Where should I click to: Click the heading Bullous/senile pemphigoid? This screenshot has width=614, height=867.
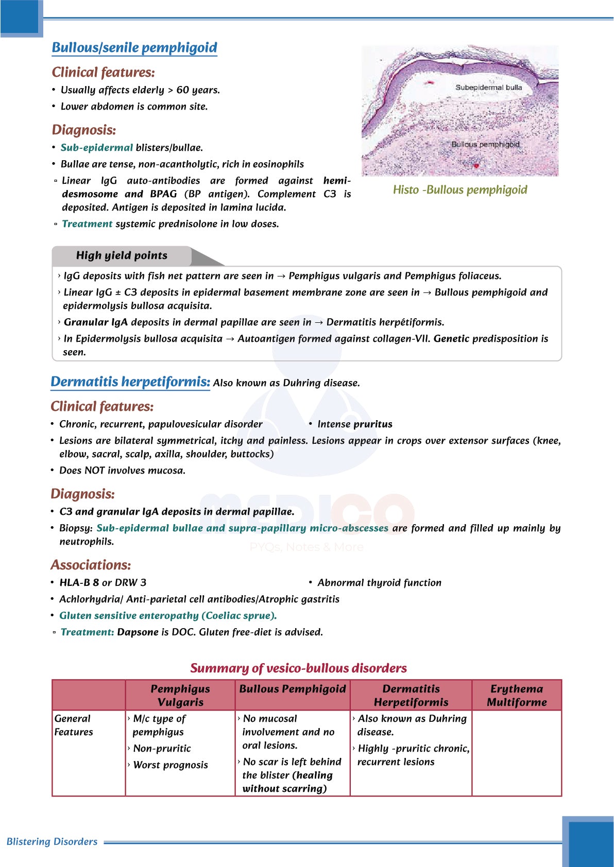(134, 48)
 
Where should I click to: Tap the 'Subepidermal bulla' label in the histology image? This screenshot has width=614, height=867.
(488, 88)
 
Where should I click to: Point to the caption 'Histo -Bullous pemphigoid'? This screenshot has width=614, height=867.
(460, 190)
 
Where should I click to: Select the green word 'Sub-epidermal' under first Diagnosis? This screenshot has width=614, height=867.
(97, 148)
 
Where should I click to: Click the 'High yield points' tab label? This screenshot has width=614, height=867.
(122, 255)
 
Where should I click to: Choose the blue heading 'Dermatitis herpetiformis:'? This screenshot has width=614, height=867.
(130, 382)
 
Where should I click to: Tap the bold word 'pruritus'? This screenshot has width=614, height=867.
(373, 424)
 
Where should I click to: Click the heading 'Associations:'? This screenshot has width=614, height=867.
(91, 565)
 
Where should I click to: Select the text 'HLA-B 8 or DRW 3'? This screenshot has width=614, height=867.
(103, 583)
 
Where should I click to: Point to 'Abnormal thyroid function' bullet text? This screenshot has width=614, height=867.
(380, 583)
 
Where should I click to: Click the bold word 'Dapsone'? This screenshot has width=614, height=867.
(138, 632)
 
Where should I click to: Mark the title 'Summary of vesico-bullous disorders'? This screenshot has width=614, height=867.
(298, 668)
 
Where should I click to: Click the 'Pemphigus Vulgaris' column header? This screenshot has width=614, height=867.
(180, 696)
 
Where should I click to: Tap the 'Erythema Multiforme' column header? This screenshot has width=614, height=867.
(517, 696)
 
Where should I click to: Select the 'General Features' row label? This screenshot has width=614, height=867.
(74, 725)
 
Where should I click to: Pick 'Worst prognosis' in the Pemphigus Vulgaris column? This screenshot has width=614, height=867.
(170, 765)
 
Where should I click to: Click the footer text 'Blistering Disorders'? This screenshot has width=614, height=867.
(52, 842)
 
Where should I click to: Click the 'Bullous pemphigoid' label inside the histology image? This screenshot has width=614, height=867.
(485, 145)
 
